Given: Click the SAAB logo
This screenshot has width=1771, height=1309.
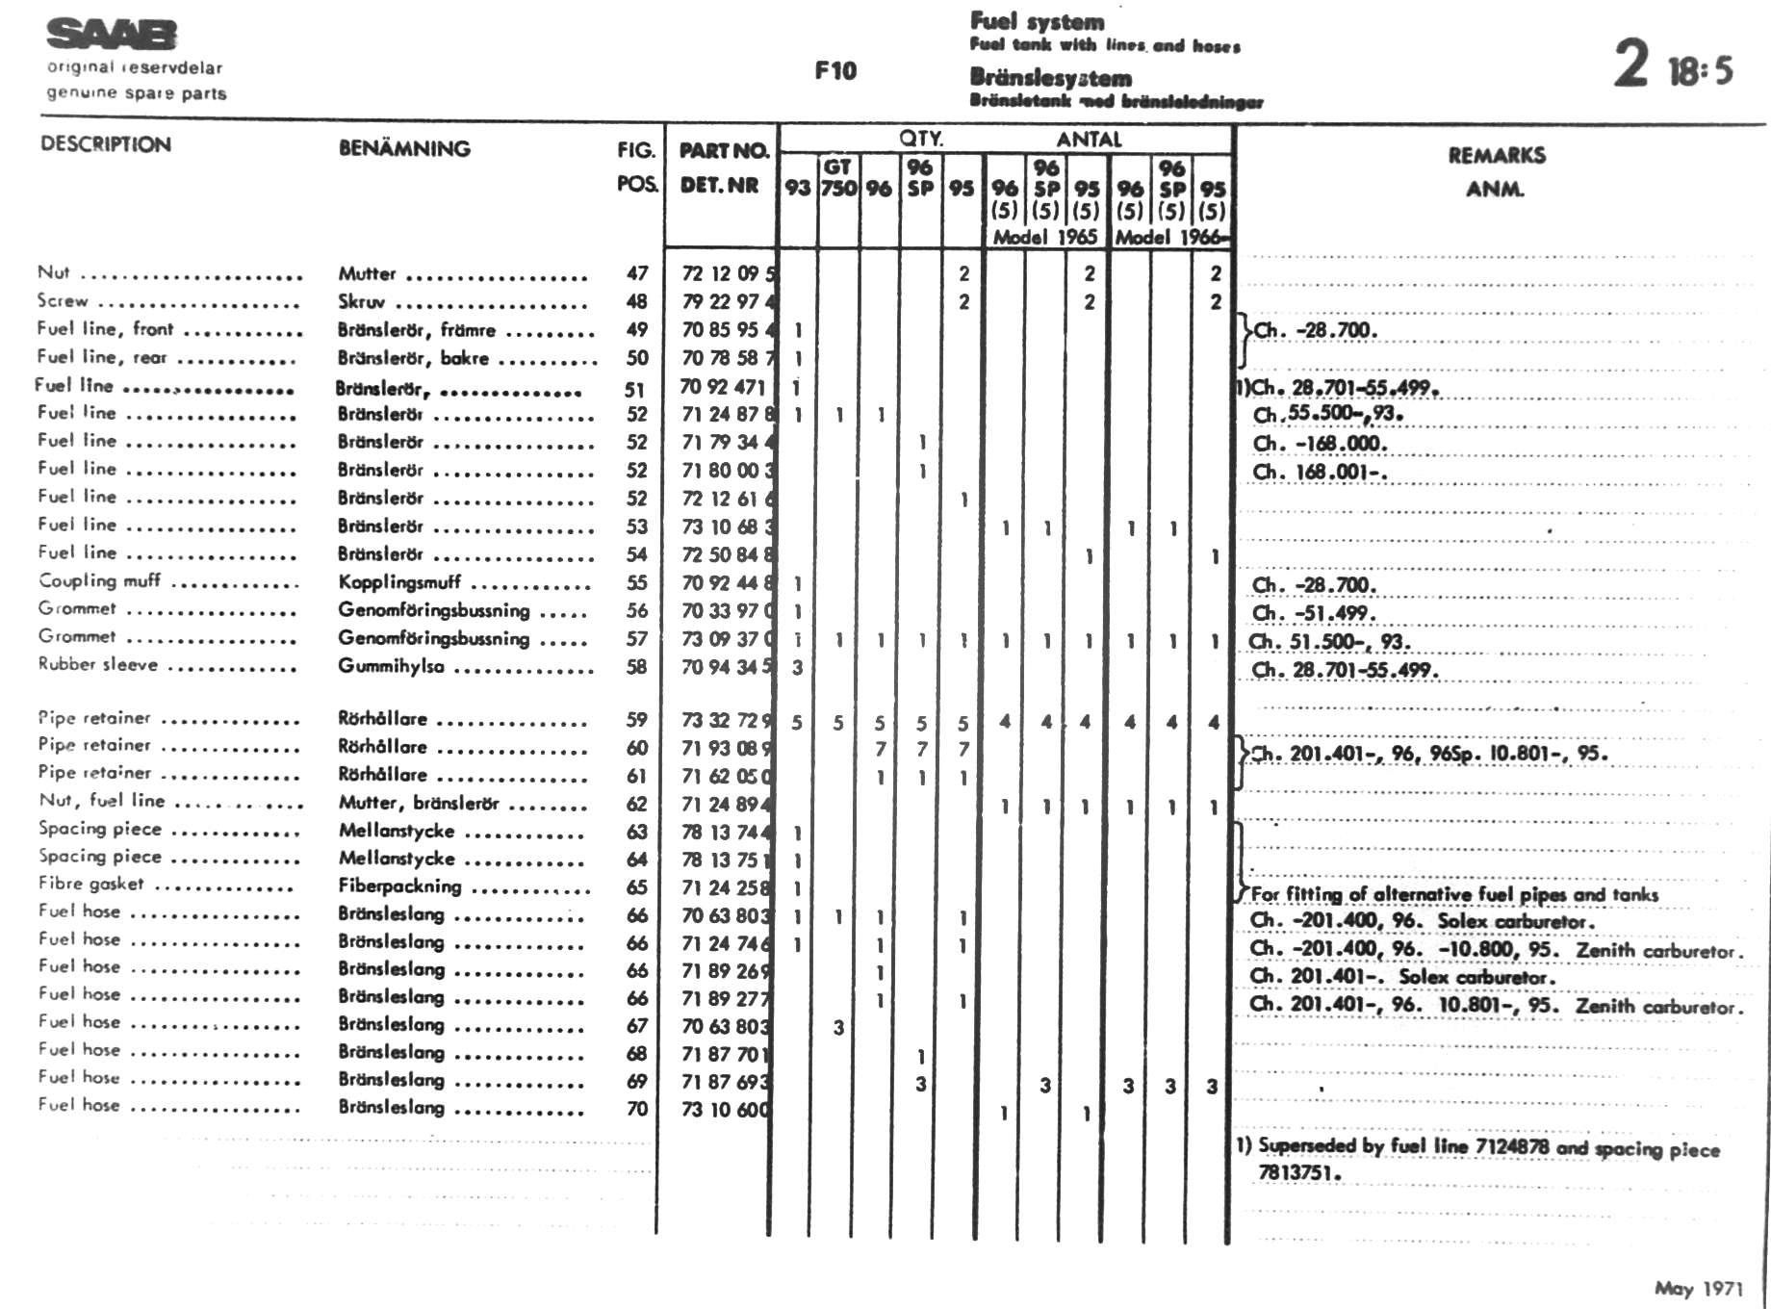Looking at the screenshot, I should coord(112,35).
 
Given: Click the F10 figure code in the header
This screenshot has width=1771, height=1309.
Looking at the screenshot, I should coord(834,70).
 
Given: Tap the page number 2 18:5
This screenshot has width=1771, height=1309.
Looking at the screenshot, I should coord(1674,65).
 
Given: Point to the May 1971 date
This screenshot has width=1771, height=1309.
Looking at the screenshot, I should coord(1698,1288).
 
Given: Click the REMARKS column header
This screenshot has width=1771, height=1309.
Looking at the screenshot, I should coord(1496,155).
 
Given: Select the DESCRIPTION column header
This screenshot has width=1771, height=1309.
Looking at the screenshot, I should coord(106,144).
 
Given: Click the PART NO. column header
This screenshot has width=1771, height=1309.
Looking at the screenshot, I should coord(724,150).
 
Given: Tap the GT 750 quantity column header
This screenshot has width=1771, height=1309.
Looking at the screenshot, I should coord(838,177).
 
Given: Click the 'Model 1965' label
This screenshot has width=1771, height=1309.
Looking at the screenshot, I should coord(1045,237).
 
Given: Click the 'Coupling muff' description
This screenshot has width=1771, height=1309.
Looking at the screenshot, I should coord(99,580).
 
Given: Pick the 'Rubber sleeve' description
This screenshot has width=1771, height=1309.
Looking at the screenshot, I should coord(97,664).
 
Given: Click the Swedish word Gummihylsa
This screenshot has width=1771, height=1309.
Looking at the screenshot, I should coord(391,666).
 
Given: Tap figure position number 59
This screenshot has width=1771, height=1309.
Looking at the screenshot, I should coord(636,719).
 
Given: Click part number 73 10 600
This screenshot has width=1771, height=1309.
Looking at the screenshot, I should coord(725,1109).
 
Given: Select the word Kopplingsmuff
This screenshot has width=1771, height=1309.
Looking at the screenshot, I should coord(398,582).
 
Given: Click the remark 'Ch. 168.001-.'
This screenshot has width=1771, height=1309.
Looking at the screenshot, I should coord(1319,472).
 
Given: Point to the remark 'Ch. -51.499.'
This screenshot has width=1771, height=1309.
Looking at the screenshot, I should coord(1314,613).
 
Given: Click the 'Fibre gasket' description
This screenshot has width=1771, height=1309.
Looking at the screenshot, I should coord(90,884).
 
